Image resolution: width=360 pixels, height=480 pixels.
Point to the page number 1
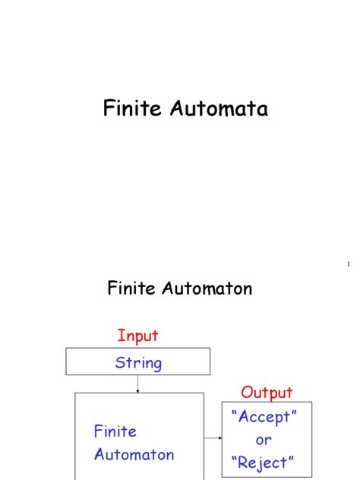coord(349,264)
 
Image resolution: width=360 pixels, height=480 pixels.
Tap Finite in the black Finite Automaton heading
coord(131,289)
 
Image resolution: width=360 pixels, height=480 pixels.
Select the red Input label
coord(137,335)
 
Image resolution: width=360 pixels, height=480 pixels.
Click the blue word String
coord(138,362)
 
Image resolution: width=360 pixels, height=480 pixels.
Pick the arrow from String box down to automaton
coord(137,384)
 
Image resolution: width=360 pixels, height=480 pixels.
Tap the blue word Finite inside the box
coord(115,431)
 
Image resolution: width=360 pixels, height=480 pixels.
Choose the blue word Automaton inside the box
coord(134,455)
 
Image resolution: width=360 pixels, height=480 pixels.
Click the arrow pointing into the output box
coord(213,437)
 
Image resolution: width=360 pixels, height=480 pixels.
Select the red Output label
coord(267,393)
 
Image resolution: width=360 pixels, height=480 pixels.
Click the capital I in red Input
coord(120,335)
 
